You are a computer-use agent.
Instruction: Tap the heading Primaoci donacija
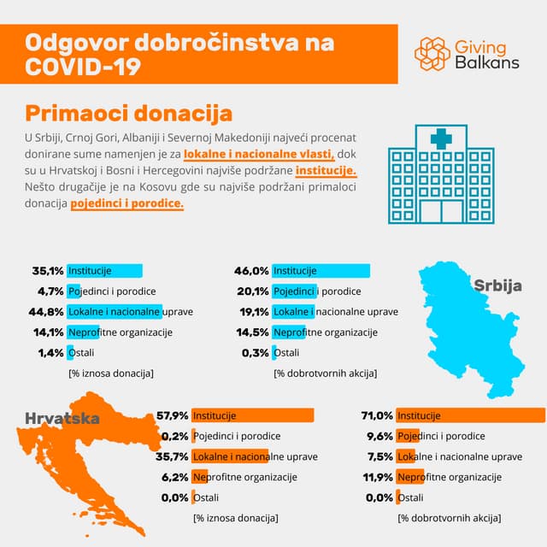coord(128,113)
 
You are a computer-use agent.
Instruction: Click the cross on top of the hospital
coord(441,138)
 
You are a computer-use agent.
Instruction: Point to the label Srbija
coord(497,285)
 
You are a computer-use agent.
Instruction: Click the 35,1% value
coord(49,271)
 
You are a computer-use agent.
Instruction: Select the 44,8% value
coord(47,312)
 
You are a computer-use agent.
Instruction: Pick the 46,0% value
coord(252,271)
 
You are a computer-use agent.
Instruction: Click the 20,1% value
coord(252,291)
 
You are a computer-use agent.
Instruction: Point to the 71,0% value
coord(377,416)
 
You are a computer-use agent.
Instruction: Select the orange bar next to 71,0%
coord(470,416)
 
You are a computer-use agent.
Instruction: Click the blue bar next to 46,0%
coord(321,271)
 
